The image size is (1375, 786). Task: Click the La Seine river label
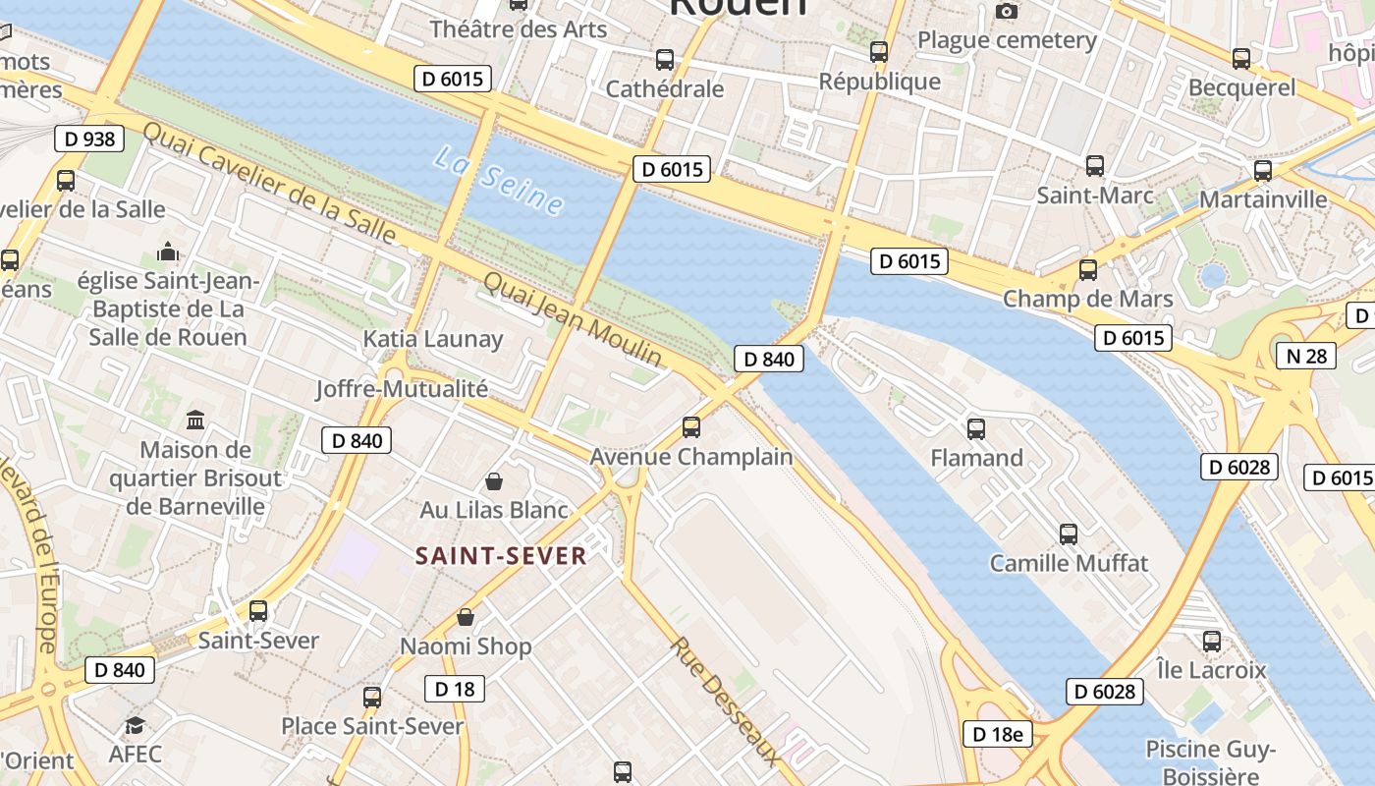499,181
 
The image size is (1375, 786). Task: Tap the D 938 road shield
89,139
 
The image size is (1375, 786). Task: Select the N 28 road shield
1305,356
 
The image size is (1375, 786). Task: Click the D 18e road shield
997,733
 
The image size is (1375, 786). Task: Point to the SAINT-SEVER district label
501,556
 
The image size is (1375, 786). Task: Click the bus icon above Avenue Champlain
691,426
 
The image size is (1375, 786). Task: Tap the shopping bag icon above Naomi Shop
466,617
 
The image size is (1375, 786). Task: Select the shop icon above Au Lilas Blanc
494,481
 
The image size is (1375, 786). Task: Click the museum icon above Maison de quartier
195,421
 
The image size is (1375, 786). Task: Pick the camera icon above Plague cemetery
1006,12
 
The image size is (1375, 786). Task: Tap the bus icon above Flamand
976,428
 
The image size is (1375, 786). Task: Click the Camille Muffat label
1069,564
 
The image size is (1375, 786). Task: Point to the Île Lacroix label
1211,670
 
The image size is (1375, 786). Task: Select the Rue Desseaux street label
727,701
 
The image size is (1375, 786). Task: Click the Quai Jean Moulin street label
572,319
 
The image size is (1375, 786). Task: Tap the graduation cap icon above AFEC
135,726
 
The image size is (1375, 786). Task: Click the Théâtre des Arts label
519,29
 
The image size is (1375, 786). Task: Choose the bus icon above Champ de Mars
1087,269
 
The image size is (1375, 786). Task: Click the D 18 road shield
455,689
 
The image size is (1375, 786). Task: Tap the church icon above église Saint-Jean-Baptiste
168,252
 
